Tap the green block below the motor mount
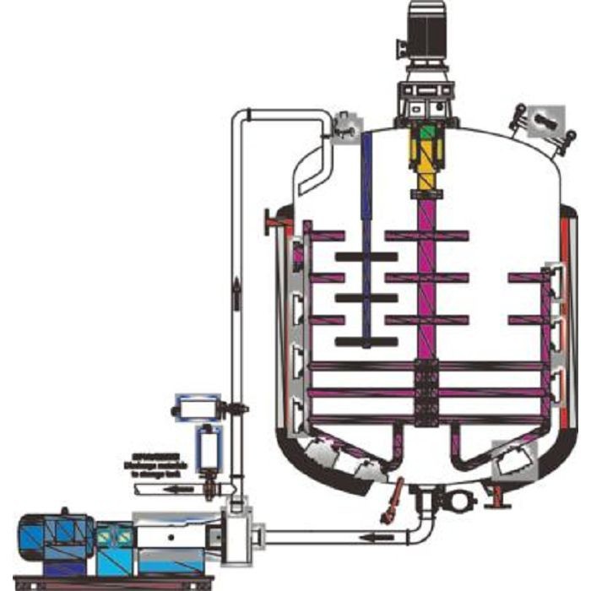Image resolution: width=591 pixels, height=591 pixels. coord(428,133)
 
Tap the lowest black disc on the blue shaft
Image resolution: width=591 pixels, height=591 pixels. coord(366,342)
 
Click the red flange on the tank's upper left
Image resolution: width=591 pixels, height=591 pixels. coord(272,222)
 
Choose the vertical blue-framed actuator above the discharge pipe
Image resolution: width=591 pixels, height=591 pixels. coord(206,447)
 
